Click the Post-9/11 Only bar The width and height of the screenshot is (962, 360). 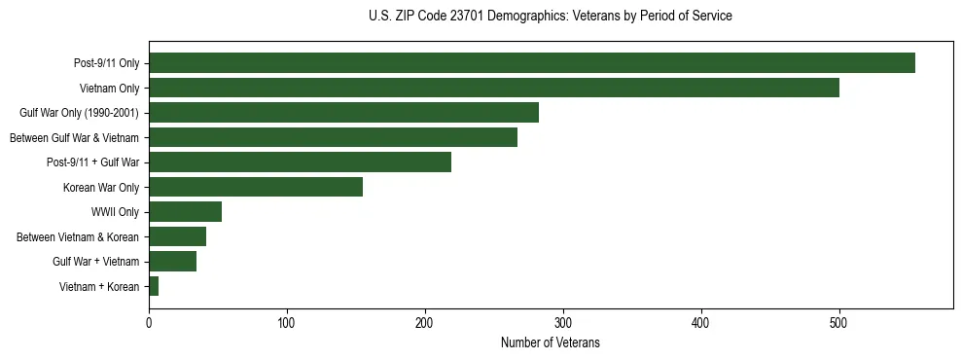[x=531, y=63]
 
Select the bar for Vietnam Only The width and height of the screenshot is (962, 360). [x=493, y=88]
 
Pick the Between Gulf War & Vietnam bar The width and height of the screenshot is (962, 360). [x=333, y=137]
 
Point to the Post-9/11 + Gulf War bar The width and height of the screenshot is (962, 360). [x=300, y=162]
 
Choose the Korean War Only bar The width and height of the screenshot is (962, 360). [x=256, y=187]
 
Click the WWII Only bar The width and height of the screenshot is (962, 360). [x=185, y=212]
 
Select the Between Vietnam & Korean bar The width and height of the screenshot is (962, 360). [x=177, y=236]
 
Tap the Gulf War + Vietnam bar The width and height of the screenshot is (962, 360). [x=172, y=261]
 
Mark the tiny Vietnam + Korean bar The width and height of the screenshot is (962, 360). [x=154, y=286]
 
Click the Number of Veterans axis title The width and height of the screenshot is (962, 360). [x=550, y=343]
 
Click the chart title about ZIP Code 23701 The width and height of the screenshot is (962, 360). [x=550, y=17]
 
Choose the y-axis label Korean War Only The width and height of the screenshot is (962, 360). [x=101, y=187]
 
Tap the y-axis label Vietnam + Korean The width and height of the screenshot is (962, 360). [x=99, y=286]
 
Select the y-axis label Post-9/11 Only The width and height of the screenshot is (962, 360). [x=107, y=63]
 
